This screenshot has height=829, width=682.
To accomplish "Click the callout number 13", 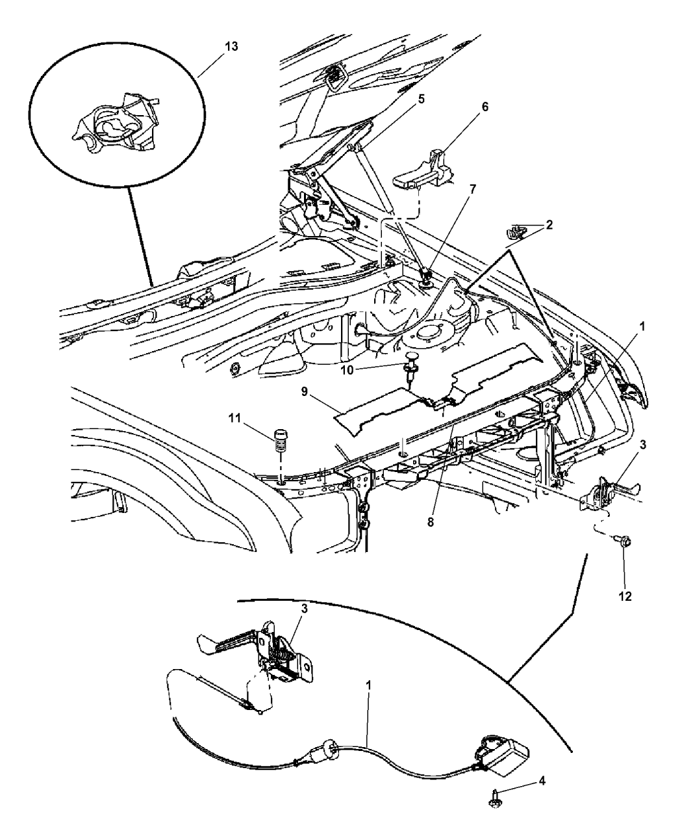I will tap(214, 47).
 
